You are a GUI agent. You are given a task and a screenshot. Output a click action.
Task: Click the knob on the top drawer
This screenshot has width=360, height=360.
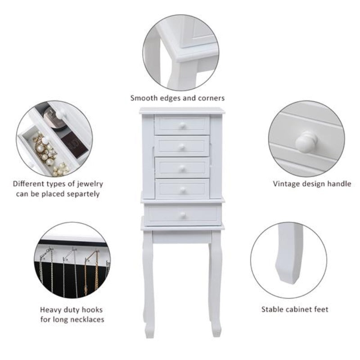182,126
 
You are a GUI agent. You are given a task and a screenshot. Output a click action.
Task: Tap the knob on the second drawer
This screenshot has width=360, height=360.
182,147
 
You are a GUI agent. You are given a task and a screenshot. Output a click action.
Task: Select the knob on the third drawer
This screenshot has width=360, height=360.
182,168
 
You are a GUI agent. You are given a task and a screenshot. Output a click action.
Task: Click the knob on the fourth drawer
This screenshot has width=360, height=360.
182,189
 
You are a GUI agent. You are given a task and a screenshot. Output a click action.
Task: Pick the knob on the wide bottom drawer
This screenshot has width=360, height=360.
183,215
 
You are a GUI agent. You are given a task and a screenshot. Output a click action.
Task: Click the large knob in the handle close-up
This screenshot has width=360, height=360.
306,142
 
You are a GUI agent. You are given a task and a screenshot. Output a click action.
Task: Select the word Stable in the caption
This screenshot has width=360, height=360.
273,309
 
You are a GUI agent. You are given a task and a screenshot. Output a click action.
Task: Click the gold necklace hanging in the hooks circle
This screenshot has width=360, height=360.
96,272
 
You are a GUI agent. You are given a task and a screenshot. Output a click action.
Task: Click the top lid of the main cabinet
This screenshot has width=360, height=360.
182,110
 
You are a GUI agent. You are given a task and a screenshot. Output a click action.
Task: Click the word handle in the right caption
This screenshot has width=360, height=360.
339,184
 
